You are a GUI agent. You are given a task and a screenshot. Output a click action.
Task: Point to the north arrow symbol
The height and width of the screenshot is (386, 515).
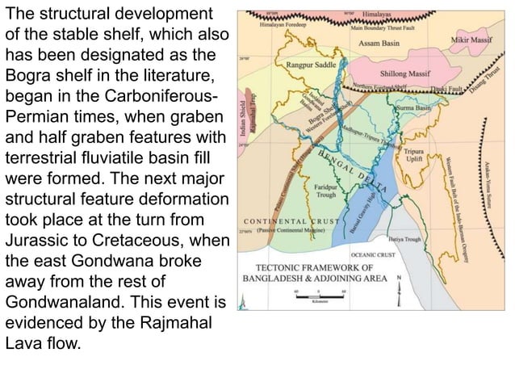399,287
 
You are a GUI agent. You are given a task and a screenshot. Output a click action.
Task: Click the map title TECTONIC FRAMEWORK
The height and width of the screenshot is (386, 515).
320,268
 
